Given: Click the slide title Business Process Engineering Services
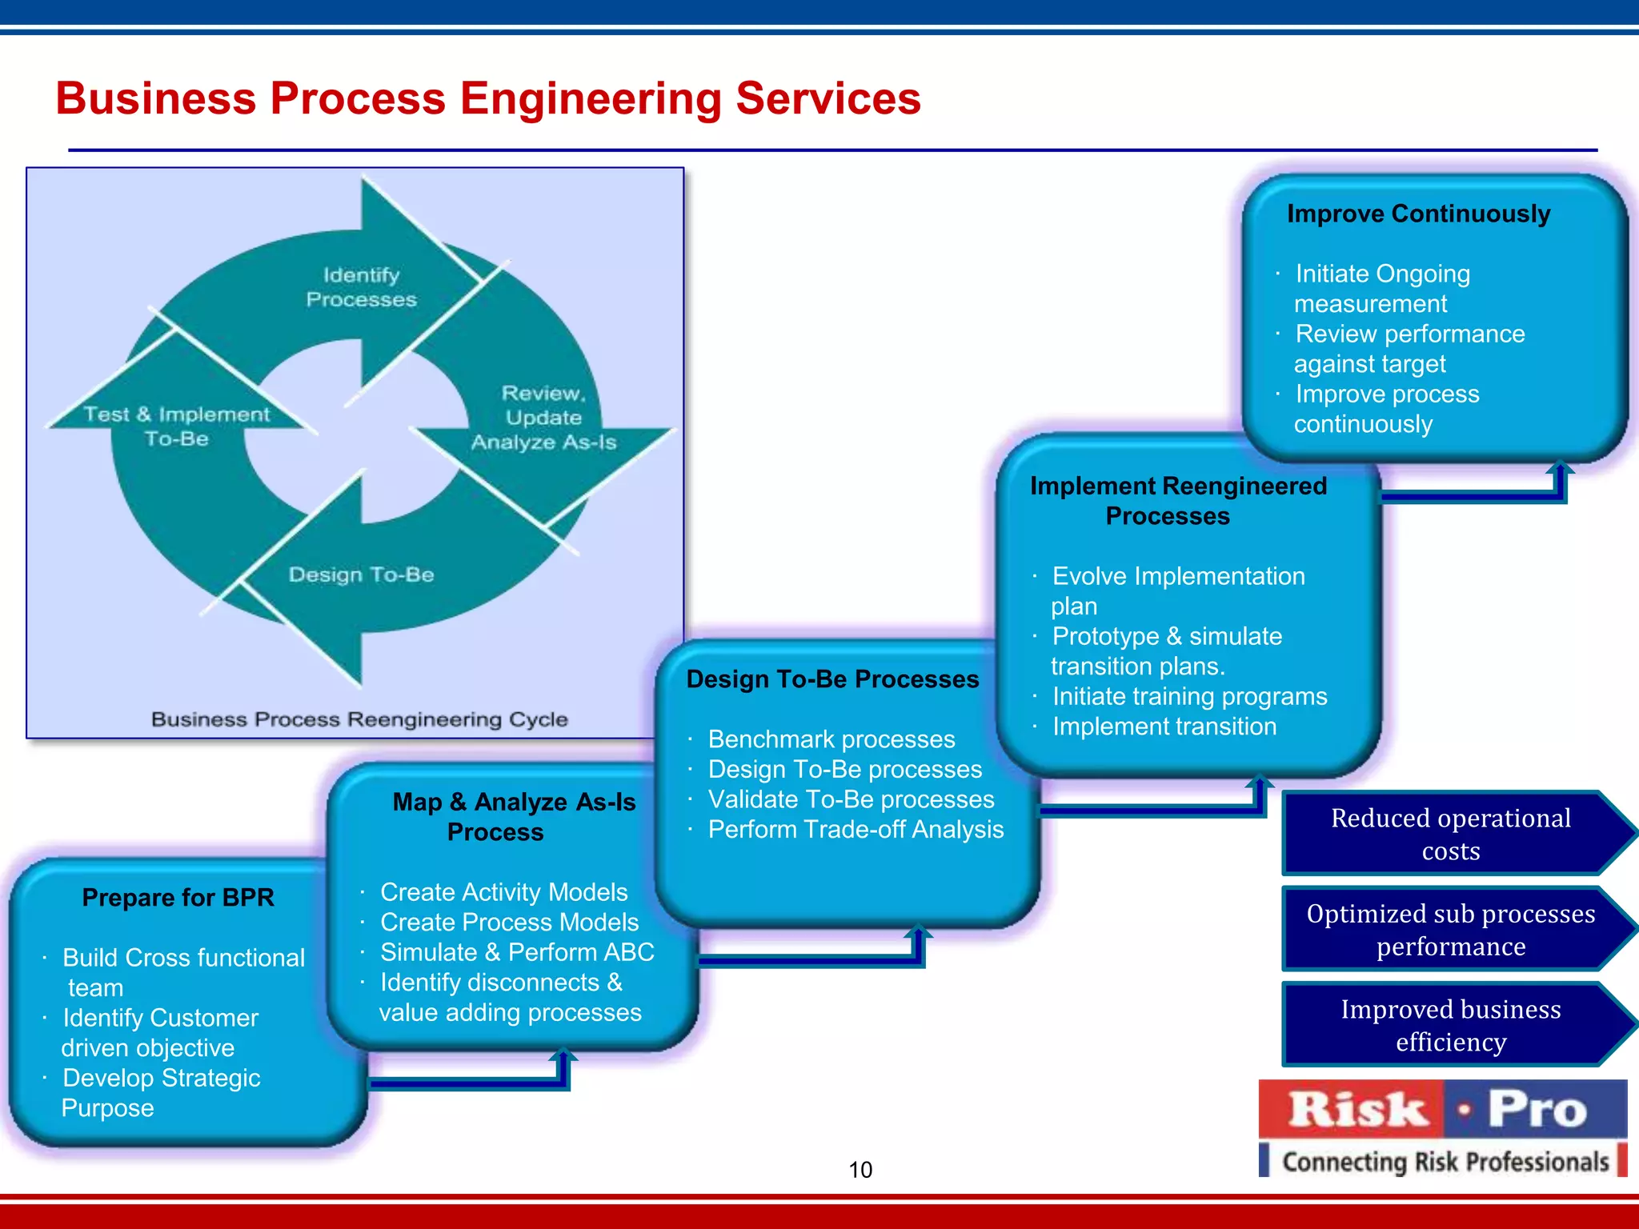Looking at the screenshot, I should pyautogui.click(x=488, y=98).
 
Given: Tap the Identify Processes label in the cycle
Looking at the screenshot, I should pyautogui.click(x=361, y=287).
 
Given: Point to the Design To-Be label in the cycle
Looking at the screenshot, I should pyautogui.click(x=361, y=574).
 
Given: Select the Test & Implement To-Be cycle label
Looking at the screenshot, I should pyautogui.click(x=177, y=426).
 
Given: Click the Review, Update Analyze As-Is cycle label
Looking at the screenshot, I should pyautogui.click(x=543, y=418).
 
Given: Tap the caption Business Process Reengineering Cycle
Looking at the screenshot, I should pyautogui.click(x=359, y=719).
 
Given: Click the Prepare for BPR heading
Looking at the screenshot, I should pyautogui.click(x=178, y=898).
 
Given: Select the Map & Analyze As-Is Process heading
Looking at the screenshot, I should pyautogui.click(x=513, y=817).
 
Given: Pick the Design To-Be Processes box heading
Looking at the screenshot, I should pyautogui.click(x=832, y=679).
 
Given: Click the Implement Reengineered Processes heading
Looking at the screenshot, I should pyautogui.click(x=1177, y=501).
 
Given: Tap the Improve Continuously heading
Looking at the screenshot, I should pyautogui.click(x=1418, y=214).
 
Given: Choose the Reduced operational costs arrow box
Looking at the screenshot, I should pyautogui.click(x=1450, y=835).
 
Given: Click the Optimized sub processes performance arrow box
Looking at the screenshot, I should pyautogui.click(x=1450, y=930).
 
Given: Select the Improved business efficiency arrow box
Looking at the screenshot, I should pyautogui.click(x=1450, y=1026).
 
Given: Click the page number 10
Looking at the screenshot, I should pyautogui.click(x=860, y=1170).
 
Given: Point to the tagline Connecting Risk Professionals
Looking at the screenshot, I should pyautogui.click(x=1445, y=1161).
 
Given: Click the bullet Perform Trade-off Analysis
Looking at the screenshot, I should pyautogui.click(x=856, y=830).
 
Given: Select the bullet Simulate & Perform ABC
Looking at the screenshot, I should pyautogui.click(x=517, y=952).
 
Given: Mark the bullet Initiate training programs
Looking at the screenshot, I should pyautogui.click(x=1189, y=697).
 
